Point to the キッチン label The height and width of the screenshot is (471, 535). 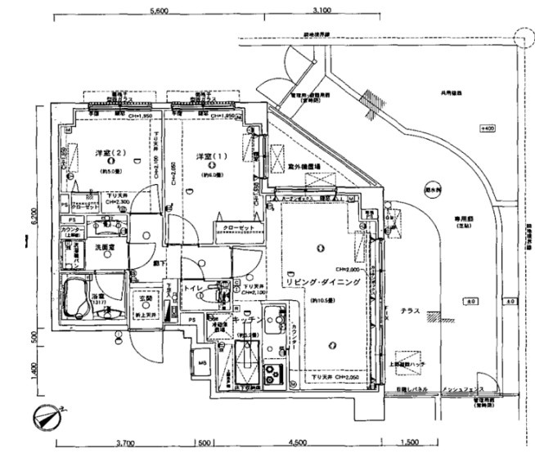tap(246, 321)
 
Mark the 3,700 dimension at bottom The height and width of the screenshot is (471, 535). tap(126, 442)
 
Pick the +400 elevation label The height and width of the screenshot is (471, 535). tap(488, 128)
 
